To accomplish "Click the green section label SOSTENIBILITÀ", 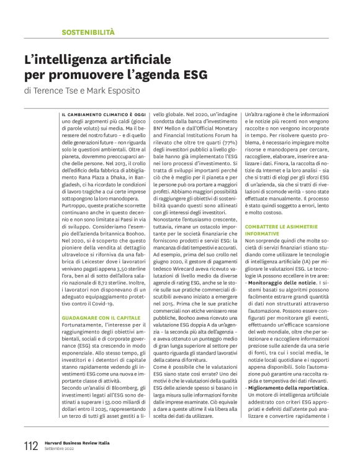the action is (88, 31).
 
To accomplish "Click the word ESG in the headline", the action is (188, 76).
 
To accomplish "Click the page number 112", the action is (30, 446).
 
